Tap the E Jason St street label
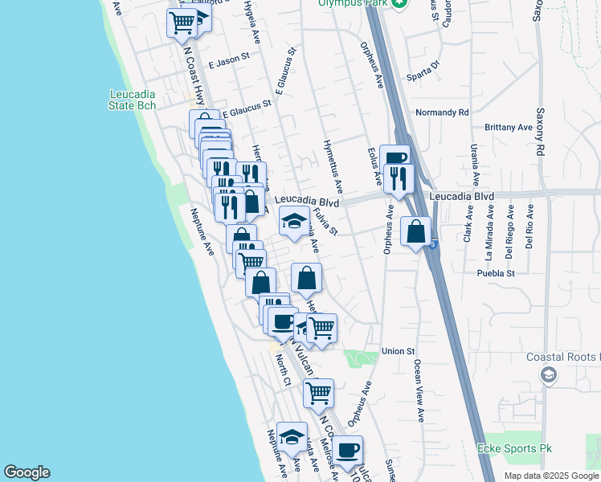pos(229,60)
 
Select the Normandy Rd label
pos(441,112)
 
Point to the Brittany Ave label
pos(509,128)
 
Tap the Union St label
pos(398,351)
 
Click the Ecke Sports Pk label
pos(510,448)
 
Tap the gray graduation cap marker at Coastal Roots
pos(548,374)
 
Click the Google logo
pos(27,472)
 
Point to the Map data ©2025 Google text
pos(550,476)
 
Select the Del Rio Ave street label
pos(529,226)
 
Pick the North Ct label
pos(282,370)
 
